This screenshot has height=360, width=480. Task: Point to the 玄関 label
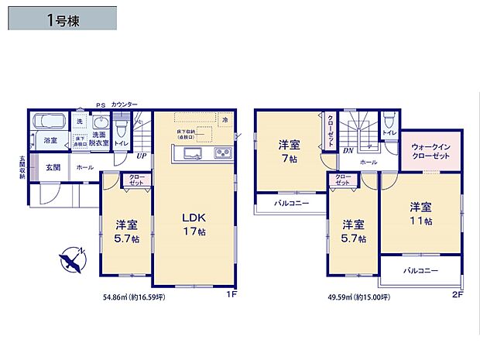53,166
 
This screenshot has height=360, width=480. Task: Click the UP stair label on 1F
141,155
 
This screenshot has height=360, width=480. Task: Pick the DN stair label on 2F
348,150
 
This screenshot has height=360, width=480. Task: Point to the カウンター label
124,104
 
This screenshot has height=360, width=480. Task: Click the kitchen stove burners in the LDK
221,151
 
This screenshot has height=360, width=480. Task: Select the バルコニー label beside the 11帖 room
421,271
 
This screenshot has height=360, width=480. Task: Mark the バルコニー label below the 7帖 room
290,204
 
